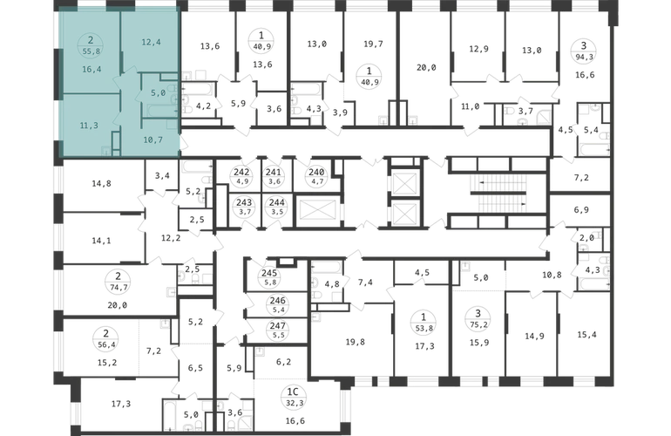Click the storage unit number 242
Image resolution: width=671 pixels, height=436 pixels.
point(241,173)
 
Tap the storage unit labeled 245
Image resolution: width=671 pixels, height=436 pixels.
point(269,273)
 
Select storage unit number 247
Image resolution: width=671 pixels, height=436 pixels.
point(277,327)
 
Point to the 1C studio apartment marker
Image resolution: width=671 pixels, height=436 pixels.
point(295,392)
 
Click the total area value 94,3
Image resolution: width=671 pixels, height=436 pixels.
point(583,56)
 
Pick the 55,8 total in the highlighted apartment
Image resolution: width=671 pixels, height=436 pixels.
point(91,51)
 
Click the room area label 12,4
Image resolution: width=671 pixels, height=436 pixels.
point(151,42)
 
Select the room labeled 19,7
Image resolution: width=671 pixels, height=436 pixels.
point(373,44)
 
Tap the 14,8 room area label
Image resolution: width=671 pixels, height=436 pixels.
point(101,183)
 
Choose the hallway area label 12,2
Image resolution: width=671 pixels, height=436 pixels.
point(171,238)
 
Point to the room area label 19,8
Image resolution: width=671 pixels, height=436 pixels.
point(356,342)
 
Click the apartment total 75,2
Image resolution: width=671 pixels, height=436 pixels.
point(478,324)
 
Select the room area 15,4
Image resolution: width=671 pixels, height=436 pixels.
point(586,335)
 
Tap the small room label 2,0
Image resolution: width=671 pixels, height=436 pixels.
point(586,238)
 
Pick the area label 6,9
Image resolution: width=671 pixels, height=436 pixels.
point(581,210)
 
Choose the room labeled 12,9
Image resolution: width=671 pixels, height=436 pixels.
point(478,49)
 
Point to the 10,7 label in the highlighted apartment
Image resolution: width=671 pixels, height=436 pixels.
point(152,140)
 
